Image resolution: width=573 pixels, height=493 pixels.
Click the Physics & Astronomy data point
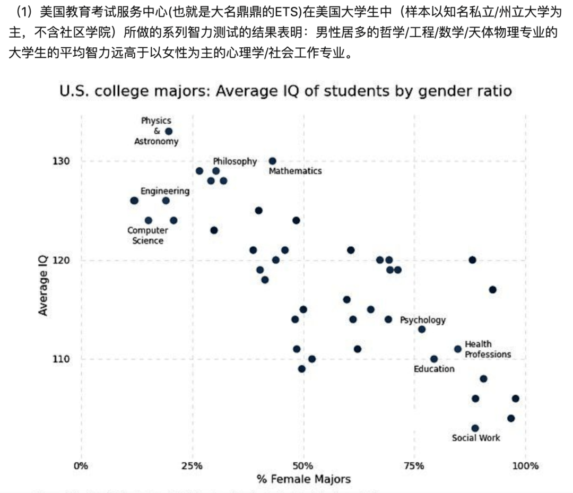[169, 131]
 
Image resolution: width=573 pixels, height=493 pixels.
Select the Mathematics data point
[272, 161]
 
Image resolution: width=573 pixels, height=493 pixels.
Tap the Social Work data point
[475, 428]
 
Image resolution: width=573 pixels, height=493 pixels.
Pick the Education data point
[434, 359]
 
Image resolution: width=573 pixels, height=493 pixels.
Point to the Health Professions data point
[457, 349]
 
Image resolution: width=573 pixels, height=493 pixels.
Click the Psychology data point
[422, 329]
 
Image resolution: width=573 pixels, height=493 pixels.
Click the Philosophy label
[235, 161]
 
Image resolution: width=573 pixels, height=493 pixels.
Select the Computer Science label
[147, 235]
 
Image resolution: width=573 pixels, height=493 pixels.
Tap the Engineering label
[164, 191]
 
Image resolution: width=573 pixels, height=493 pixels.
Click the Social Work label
[476, 438]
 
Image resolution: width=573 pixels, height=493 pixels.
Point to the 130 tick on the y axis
[59, 161]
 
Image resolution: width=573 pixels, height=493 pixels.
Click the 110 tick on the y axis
[59, 359]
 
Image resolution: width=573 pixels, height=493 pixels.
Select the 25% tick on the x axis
[192, 466]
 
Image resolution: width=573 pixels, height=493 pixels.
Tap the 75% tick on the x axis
[414, 466]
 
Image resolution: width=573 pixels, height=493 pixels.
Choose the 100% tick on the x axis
[526, 466]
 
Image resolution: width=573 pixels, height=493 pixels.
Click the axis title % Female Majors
[303, 479]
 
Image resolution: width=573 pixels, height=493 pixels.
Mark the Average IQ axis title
[44, 284]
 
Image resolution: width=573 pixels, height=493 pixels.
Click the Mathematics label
[295, 171]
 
